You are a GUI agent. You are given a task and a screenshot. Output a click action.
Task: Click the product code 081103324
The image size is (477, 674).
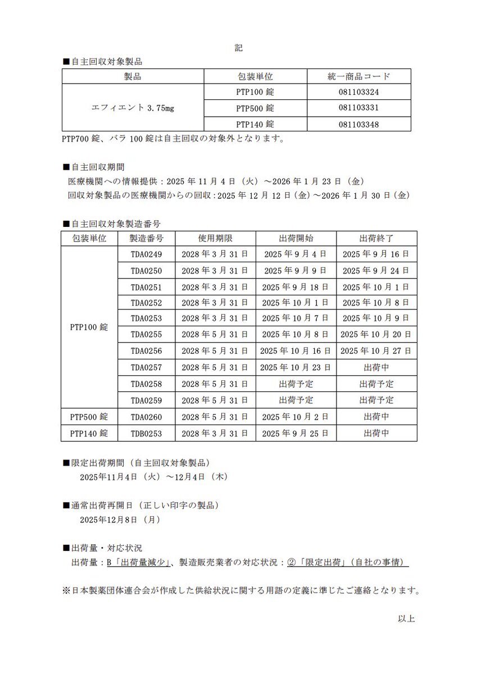(358, 92)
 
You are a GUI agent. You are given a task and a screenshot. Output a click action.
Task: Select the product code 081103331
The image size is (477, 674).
(358, 108)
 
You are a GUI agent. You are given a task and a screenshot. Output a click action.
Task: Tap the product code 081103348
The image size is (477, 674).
(358, 124)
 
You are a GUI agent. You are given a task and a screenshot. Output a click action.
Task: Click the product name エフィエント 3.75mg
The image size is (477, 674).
(133, 108)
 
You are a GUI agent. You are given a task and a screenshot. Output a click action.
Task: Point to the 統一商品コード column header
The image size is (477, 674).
(358, 76)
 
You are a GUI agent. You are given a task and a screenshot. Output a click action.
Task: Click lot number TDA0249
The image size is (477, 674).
(146, 254)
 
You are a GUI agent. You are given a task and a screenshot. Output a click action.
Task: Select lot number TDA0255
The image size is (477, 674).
(146, 334)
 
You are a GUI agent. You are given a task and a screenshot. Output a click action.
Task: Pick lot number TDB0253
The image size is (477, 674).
(146, 434)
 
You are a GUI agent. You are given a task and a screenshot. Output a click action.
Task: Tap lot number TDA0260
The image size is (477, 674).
(146, 417)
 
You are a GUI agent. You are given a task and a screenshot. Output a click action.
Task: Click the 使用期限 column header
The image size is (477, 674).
(215, 238)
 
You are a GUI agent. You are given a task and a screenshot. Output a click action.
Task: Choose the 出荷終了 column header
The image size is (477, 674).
(376, 238)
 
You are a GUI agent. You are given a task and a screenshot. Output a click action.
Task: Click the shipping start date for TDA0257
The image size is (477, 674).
(296, 367)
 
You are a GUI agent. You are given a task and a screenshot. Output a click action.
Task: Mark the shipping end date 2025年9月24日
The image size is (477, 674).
(376, 271)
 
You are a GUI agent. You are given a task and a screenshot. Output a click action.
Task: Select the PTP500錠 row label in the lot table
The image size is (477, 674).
(89, 417)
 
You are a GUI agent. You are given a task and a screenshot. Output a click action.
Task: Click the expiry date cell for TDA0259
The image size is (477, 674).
(215, 400)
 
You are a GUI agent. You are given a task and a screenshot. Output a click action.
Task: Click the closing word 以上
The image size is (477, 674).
(406, 618)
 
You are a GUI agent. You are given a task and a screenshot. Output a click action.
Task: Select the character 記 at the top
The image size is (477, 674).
(239, 48)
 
